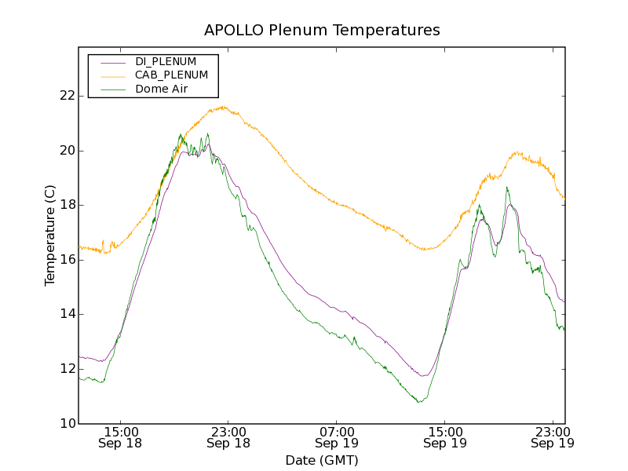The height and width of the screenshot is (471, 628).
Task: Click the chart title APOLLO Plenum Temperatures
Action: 322,31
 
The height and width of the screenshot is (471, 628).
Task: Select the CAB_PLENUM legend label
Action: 171,75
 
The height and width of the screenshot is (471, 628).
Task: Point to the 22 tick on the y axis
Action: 65,96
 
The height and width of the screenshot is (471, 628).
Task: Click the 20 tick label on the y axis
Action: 65,151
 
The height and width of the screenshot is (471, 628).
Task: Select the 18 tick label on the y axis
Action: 65,205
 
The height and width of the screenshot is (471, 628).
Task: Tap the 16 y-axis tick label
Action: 65,260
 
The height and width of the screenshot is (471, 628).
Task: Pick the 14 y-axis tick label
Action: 65,314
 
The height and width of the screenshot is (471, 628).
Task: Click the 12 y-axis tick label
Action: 65,369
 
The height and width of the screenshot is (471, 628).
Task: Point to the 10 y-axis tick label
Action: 65,424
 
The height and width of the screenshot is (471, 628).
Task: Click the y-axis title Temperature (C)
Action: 50,235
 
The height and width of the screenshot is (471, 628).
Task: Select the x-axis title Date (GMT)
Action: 322,461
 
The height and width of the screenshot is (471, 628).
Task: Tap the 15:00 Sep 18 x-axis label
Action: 120,437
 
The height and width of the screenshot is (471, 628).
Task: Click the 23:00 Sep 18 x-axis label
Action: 228,437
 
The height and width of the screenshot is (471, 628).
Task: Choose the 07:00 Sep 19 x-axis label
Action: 337,437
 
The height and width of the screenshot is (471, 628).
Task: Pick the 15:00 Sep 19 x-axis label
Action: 445,437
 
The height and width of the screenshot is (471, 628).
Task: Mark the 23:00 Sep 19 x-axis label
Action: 553,437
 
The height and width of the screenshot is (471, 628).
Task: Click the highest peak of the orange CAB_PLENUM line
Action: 224,107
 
